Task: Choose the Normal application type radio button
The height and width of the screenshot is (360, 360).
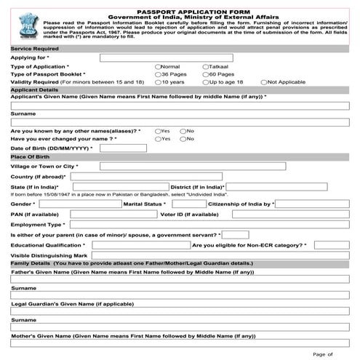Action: (x=158, y=66)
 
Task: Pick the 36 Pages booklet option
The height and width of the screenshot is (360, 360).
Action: (x=158, y=74)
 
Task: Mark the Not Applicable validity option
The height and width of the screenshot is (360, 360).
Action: (x=264, y=82)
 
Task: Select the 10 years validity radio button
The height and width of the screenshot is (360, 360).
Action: (x=158, y=82)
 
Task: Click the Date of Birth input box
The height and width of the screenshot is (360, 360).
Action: (x=119, y=148)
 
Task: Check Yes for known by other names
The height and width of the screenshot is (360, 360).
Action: (x=158, y=130)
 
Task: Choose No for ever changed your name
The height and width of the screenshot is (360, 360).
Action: (x=183, y=138)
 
